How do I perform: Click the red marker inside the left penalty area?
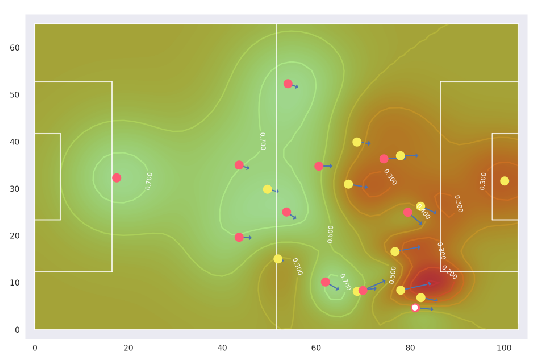(x=116, y=178)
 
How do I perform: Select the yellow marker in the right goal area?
(x=504, y=181)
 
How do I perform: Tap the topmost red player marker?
(x=288, y=84)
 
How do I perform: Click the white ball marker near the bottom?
(x=415, y=308)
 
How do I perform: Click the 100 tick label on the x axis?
(x=504, y=346)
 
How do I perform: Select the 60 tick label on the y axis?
(x=14, y=48)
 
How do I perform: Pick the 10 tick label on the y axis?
(x=14, y=283)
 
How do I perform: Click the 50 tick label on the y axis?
(x=14, y=95)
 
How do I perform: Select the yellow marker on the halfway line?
(x=277, y=259)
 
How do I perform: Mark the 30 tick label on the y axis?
(x=14, y=189)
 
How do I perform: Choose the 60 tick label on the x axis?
(x=316, y=346)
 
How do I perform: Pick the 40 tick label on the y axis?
(x=14, y=142)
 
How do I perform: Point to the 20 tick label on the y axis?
(x=14, y=236)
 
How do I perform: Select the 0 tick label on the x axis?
(x=35, y=346)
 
